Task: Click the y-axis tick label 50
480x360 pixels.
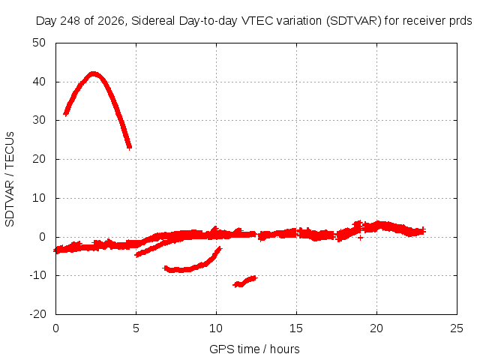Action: [39, 43]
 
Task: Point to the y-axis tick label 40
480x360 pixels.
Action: [39, 82]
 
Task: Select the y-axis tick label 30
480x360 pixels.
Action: [39, 120]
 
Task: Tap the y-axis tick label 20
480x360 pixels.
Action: [39, 159]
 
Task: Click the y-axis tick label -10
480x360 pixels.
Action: [37, 275]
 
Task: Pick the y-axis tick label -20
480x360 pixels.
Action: [37, 314]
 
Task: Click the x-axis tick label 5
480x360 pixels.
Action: [136, 328]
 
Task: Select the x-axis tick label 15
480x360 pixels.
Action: [296, 328]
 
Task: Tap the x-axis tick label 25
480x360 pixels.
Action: [457, 328]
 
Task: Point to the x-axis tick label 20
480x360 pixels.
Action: [376, 328]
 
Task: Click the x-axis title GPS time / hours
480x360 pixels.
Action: [254, 349]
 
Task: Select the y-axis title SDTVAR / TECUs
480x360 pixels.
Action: [10, 179]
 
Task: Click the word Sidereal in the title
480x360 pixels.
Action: [153, 21]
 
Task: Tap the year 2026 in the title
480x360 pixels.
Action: [110, 21]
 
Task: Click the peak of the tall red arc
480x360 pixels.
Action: [93, 73]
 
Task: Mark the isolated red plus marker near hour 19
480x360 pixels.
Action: [360, 238]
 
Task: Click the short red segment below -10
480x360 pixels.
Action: [245, 282]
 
